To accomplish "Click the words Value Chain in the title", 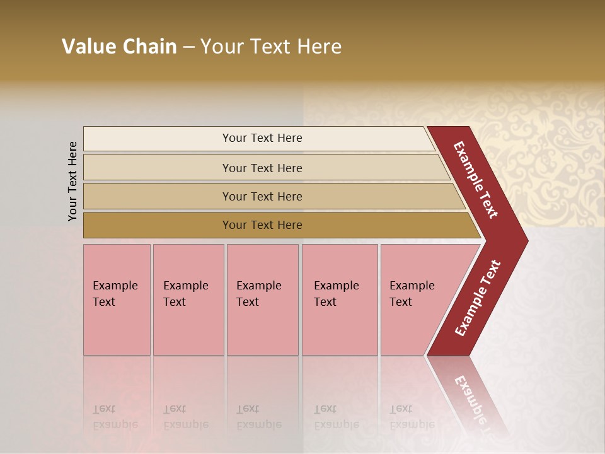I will tap(119, 47).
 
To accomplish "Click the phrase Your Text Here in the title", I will tap(271, 47).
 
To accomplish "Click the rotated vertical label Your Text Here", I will tap(72, 181).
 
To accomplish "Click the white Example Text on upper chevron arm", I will tap(475, 180).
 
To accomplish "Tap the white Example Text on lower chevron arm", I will tap(477, 298).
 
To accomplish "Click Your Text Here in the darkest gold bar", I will tap(262, 225).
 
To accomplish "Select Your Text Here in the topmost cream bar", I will tap(262, 138).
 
